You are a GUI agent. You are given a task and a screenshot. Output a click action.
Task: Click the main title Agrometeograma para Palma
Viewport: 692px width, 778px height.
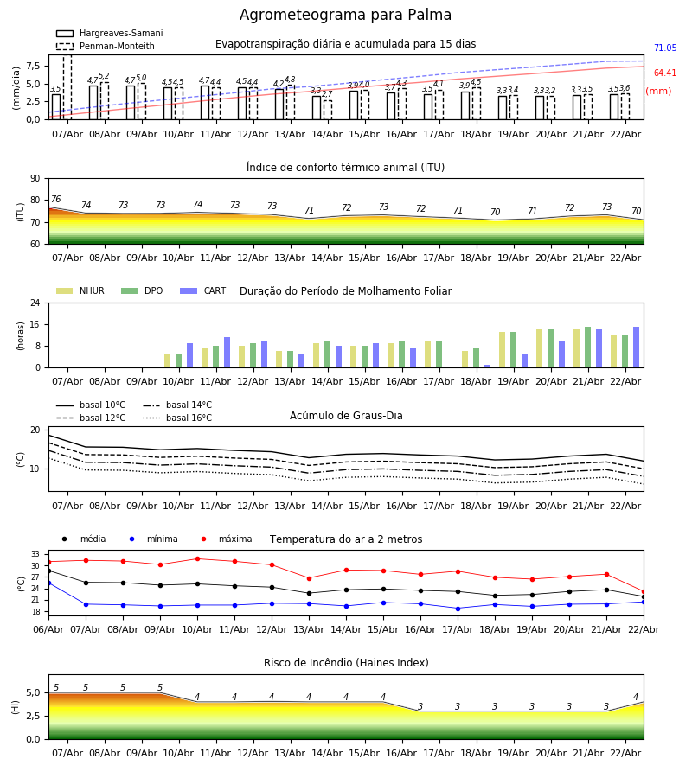[x=345, y=16]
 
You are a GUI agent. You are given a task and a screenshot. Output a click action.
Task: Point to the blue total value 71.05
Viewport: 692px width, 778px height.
[x=664, y=49]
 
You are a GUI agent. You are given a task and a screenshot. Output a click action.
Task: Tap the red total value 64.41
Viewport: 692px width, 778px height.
[x=664, y=73]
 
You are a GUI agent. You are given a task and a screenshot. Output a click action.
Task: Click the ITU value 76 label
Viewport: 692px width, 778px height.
[x=56, y=200]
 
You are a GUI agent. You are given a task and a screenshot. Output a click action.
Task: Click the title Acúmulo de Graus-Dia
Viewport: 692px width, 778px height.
[x=346, y=416]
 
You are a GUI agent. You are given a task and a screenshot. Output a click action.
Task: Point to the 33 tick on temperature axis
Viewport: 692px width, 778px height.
[x=36, y=554]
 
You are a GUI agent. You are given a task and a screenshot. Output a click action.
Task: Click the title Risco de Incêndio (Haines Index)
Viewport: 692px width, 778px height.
[x=346, y=663]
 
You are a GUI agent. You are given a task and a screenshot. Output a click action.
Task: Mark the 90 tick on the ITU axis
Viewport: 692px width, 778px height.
[x=35, y=179]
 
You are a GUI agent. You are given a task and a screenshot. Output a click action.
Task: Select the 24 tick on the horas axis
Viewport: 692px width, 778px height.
[x=35, y=303]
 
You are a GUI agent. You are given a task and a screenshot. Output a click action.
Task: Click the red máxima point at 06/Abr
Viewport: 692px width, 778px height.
[x=48, y=562]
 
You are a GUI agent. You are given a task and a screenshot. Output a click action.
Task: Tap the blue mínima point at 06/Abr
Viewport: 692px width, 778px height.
[x=48, y=583]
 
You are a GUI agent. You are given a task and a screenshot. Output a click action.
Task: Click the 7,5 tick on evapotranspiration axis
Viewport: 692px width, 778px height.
[x=30, y=66]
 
